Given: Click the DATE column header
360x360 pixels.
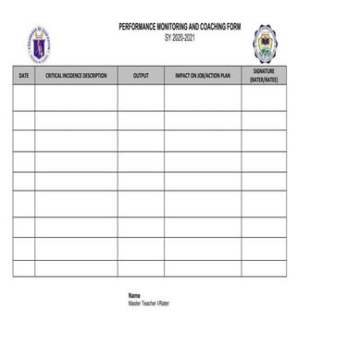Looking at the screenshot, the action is point(24,76).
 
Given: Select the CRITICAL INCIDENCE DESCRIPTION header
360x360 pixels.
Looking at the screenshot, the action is point(76,76).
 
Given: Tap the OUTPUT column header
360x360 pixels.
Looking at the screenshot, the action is point(141,76).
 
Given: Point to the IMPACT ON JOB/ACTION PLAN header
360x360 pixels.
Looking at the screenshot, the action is point(203,76).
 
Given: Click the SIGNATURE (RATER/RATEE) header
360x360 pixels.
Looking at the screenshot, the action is point(264,75).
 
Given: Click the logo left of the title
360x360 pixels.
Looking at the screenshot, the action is point(39,43).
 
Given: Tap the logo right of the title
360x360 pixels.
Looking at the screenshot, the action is point(266,43).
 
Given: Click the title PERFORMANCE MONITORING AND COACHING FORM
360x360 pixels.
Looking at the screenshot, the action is point(180,28).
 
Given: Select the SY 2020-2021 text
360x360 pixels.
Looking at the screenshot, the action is point(180,36).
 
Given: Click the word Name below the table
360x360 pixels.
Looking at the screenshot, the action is point(134,295).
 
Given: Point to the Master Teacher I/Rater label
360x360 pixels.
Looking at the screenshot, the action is point(149,303).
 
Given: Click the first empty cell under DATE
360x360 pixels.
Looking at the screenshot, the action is point(24,97).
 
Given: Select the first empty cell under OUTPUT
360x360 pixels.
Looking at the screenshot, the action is point(141,97).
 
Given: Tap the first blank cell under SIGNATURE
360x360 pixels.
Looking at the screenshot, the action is point(264,97).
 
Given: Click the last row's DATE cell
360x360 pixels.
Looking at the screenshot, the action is point(24,268).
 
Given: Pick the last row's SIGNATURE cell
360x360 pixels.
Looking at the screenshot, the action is point(264,268).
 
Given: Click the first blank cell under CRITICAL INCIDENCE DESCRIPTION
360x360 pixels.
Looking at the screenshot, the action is point(76,97).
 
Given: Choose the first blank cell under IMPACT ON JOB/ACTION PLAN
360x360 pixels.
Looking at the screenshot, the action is point(203,97).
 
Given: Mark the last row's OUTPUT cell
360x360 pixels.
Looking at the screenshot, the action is point(141,268).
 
